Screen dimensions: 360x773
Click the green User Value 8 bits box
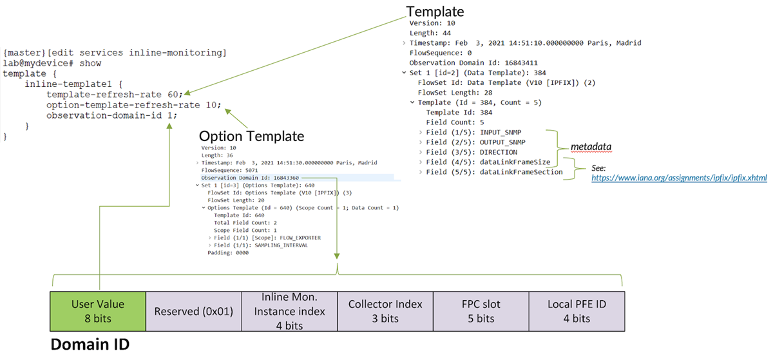click(x=99, y=310)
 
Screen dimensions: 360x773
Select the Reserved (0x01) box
click(x=194, y=311)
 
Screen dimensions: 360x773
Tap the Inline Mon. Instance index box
click(x=289, y=310)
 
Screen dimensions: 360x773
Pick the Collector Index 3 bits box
click(x=385, y=310)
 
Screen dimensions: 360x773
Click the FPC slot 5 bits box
click(x=481, y=310)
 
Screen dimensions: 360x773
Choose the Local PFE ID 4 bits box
click(x=577, y=310)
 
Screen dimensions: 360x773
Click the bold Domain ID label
click(x=90, y=345)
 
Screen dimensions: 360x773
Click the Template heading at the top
click(x=434, y=11)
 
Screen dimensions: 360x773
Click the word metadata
click(x=591, y=147)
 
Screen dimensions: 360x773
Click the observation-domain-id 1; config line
click(x=111, y=116)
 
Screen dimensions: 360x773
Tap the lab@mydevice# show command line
click(x=52, y=63)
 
